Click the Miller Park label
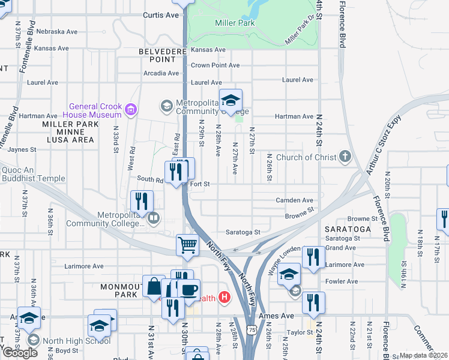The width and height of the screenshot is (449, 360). click(x=235, y=23)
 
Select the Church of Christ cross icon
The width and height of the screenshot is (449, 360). click(x=345, y=157)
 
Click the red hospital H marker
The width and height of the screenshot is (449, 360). click(x=225, y=297)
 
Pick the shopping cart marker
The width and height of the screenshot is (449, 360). click(x=187, y=246)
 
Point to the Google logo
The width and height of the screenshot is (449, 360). click(x=20, y=352)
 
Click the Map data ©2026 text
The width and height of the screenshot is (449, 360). click(x=423, y=355)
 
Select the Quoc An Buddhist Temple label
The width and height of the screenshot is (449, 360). click(x=33, y=174)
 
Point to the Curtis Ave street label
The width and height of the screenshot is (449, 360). click(x=161, y=14)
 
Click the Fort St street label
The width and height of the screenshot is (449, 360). click(x=200, y=184)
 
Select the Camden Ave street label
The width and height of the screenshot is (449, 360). click(x=294, y=200)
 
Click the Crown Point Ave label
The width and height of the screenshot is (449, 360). click(x=215, y=65)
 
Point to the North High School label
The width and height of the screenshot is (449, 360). click(x=77, y=340)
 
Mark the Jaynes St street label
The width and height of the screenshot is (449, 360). click(x=22, y=149)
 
